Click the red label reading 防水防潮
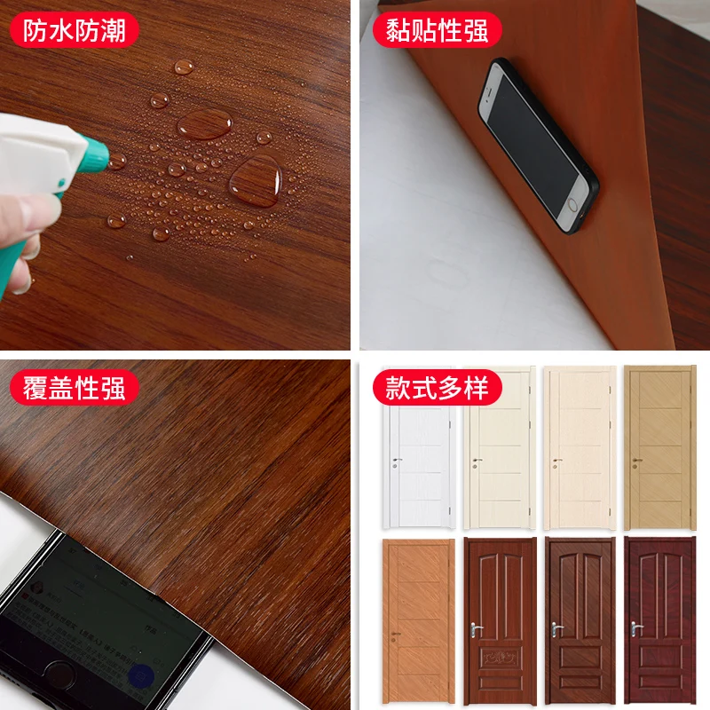coord(74,30)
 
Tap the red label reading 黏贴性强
coord(437,30)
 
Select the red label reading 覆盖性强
coord(74,388)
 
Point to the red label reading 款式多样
coord(437,388)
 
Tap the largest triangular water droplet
coord(256,180)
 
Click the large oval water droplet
coord(205,123)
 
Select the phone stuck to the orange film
coord(539,145)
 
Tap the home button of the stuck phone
coord(572,205)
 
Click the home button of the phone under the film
coord(59,675)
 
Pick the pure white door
coord(419,446)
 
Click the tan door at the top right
coord(659,447)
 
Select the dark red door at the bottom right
coord(659,620)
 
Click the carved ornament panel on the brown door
coord(500,657)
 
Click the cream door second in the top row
coord(500,447)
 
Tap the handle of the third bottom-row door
coord(556,628)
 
